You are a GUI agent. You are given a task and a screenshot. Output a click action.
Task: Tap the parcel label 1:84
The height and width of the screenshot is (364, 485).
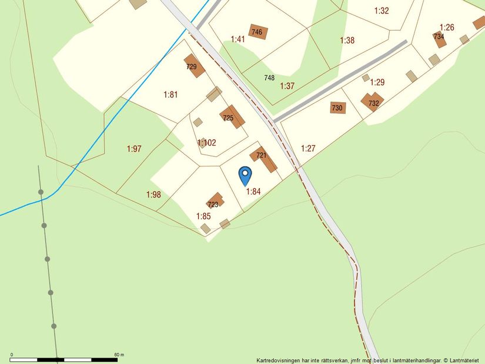(253, 191)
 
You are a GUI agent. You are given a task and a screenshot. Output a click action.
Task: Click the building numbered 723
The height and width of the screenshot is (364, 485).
(215, 201)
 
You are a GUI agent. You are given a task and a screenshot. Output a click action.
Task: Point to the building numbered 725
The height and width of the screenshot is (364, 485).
(232, 116)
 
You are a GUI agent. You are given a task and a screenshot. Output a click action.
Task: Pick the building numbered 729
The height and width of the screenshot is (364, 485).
(194, 66)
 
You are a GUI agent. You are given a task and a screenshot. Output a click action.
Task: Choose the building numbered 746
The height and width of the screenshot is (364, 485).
(258, 31)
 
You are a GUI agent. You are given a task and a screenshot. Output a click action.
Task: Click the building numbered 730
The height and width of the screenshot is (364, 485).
(337, 108)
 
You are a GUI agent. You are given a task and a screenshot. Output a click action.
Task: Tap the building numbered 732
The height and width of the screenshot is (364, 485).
(372, 101)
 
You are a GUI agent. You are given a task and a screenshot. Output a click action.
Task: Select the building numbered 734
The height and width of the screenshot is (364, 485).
(440, 37)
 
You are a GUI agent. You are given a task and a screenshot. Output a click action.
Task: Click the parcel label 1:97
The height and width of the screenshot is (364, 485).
(134, 149)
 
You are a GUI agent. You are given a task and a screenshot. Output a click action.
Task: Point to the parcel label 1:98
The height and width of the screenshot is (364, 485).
(153, 195)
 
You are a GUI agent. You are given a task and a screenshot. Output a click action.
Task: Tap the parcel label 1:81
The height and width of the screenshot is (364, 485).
(170, 94)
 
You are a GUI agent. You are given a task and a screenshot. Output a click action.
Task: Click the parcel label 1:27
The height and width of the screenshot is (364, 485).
(308, 148)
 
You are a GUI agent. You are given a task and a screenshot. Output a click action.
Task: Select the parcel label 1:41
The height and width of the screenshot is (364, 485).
(238, 39)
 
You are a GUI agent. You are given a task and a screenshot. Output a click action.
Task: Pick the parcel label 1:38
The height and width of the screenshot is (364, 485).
(347, 41)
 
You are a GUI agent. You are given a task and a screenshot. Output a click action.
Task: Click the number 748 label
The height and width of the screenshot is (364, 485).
(269, 78)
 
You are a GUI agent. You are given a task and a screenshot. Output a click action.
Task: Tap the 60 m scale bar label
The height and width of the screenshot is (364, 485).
(119, 355)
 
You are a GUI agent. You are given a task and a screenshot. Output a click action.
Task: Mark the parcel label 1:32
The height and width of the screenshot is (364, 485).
(382, 11)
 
